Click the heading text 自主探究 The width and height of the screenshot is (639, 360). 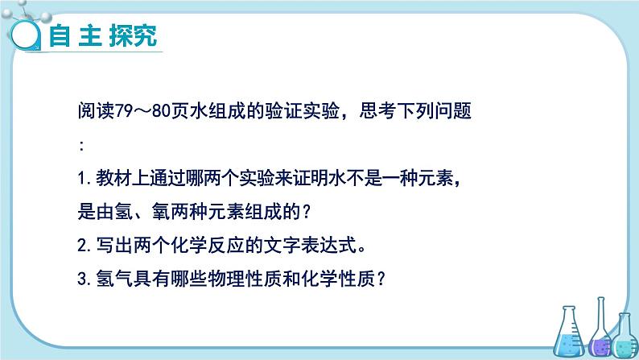point(103,35)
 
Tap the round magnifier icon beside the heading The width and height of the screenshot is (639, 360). point(25,35)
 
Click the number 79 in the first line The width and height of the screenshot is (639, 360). point(124,111)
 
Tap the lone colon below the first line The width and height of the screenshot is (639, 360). point(82,146)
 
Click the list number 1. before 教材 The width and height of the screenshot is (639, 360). point(85,179)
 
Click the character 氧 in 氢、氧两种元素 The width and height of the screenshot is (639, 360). point(161,212)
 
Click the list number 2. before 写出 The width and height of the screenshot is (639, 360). point(85,246)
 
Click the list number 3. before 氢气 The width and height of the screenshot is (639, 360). point(85,279)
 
